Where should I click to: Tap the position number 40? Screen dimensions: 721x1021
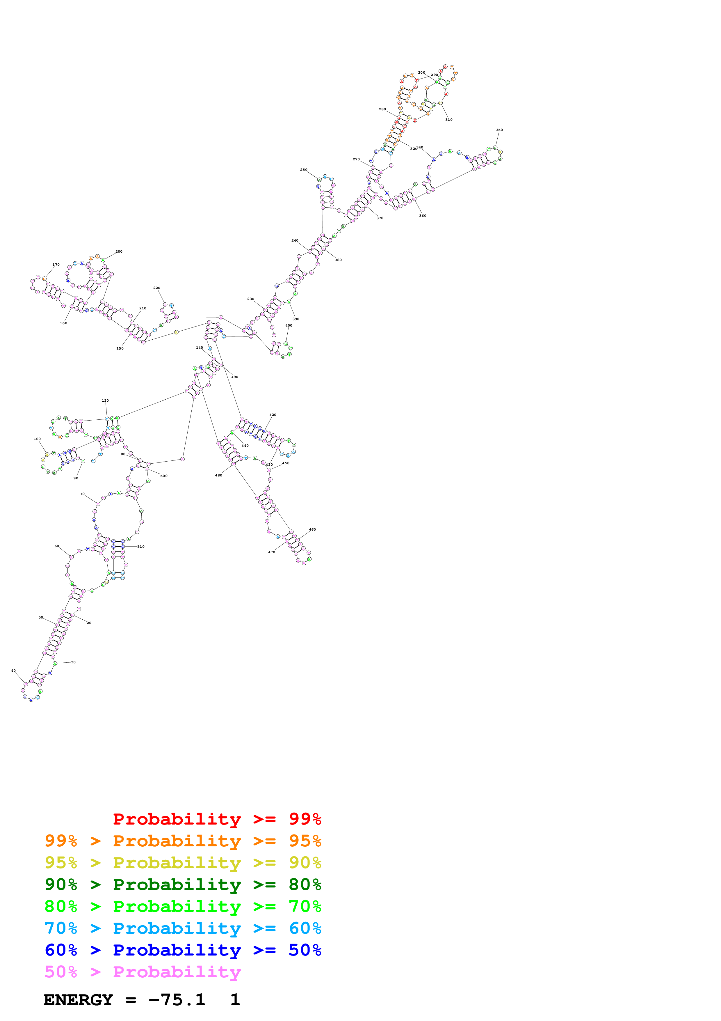pyautogui.click(x=13, y=671)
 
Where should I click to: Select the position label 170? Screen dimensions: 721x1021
pyautogui.click(x=56, y=265)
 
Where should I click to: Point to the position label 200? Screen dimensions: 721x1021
pyautogui.click(x=119, y=251)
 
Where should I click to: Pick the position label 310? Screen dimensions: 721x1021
pyautogui.click(x=449, y=120)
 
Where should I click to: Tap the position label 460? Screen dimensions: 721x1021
pyautogui.click(x=312, y=530)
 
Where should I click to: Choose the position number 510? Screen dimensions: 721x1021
pyautogui.click(x=141, y=547)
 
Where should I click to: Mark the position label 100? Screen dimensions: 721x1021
pyautogui.click(x=37, y=439)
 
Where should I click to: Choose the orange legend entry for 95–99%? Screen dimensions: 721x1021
pyautogui.click(x=183, y=841)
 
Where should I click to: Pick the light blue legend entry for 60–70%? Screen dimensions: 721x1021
pyautogui.click(x=183, y=928)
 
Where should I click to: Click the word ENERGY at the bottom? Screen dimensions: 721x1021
pyautogui.click(x=78, y=1000)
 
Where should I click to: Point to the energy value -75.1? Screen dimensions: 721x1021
pyautogui.click(x=177, y=1000)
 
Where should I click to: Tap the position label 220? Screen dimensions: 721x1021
pyautogui.click(x=156, y=288)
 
